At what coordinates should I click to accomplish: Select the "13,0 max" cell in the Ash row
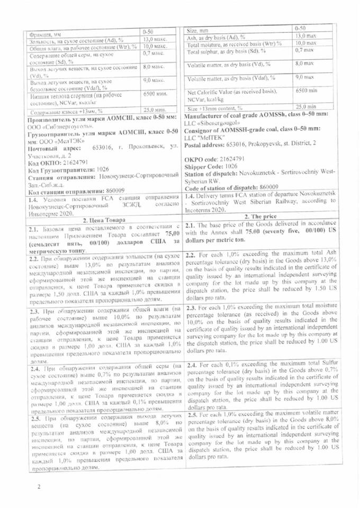click(x=305, y=35)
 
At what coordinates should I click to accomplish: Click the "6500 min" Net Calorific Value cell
click(x=305, y=91)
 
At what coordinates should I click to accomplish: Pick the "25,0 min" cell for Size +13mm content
click(x=305, y=106)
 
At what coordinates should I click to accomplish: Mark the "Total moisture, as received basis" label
click(x=233, y=44)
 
